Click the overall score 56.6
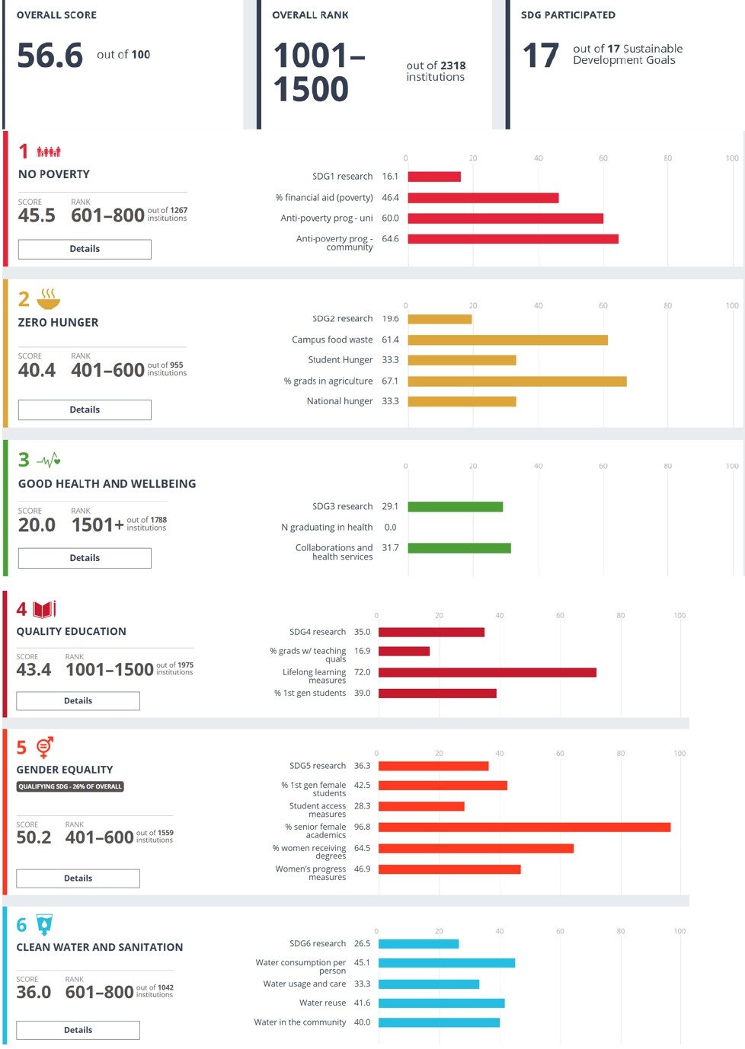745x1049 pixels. click(50, 56)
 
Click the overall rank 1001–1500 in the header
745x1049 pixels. click(319, 72)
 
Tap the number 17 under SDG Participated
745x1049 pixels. click(541, 56)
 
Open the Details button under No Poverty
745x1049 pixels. click(85, 249)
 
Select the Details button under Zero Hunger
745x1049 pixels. click(85, 410)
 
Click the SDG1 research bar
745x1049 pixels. click(434, 177)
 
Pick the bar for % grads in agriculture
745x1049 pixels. click(517, 381)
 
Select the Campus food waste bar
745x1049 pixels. click(507, 340)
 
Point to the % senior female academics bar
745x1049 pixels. click(524, 827)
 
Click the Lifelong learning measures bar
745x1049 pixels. click(488, 672)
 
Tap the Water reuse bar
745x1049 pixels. click(442, 1003)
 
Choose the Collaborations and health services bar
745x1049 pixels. click(459, 548)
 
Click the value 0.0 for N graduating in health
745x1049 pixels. click(390, 527)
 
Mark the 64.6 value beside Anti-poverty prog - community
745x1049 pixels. click(390, 239)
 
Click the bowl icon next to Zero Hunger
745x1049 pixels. click(48, 298)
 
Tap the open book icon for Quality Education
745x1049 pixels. click(44, 609)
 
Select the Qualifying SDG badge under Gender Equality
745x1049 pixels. click(70, 786)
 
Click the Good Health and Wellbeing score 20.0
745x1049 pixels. click(37, 524)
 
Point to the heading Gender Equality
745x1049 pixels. click(65, 770)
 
